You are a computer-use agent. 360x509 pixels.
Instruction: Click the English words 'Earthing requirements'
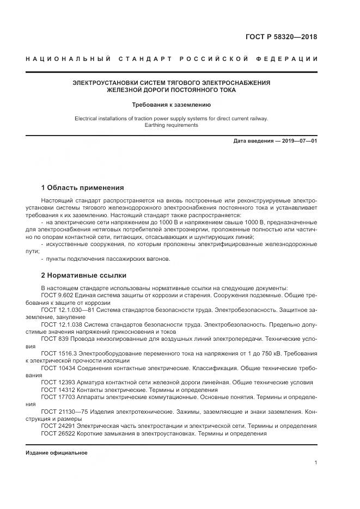pyautogui.click(x=172, y=125)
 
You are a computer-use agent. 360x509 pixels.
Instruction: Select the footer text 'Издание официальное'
pyautogui.click(x=56, y=453)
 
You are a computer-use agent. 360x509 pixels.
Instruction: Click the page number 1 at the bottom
pyautogui.click(x=316, y=463)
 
